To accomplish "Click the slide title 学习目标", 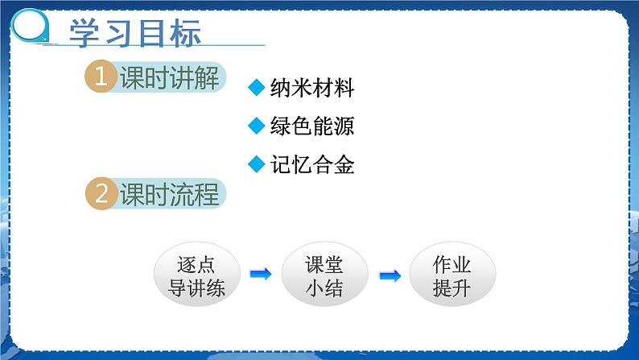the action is (x=134, y=33).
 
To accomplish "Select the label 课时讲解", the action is (x=168, y=79).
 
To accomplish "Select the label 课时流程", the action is (x=168, y=195).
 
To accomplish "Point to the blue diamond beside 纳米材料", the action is (x=257, y=88).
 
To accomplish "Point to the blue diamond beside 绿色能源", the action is (x=257, y=126).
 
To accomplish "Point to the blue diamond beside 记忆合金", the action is (x=257, y=164).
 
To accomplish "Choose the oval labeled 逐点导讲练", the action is (x=196, y=276).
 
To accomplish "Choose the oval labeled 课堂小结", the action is (x=324, y=276).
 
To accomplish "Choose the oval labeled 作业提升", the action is (x=451, y=276).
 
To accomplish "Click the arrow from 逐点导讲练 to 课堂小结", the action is (x=260, y=275).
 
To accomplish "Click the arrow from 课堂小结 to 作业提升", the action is (x=390, y=275).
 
